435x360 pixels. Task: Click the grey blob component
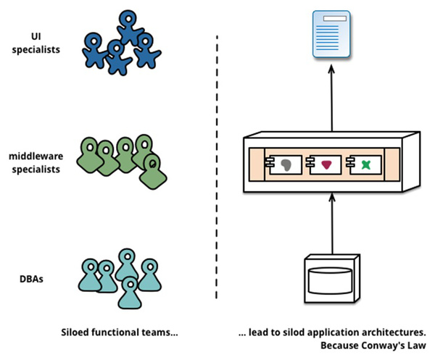pos(288,164)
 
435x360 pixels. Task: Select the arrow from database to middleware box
pos(331,221)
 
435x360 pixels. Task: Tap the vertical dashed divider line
pos(217,167)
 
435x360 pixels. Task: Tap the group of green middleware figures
pos(125,161)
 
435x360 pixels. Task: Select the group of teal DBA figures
pos(120,277)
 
